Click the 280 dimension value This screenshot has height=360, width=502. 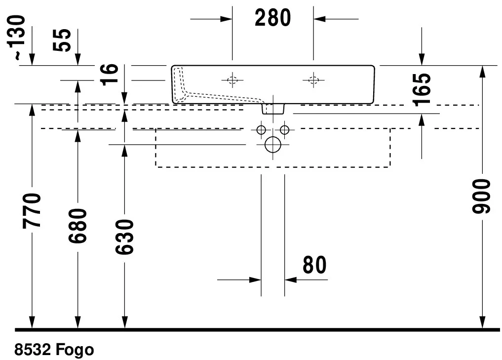pos(272,18)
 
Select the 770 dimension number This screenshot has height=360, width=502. pos(33,211)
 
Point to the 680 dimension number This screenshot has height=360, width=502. pos(78,226)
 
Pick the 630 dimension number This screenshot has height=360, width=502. pos(124,237)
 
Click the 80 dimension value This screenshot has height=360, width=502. pos(314,265)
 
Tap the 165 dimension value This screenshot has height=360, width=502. pos(423,89)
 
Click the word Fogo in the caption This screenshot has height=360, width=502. pos(75,350)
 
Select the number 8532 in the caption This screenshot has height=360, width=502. pos(33,350)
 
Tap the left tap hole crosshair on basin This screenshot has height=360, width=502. pos(232,80)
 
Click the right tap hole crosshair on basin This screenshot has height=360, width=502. pos(313,80)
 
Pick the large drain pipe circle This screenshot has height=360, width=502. pos(272,145)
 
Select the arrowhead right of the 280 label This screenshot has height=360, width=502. pos(319,19)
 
